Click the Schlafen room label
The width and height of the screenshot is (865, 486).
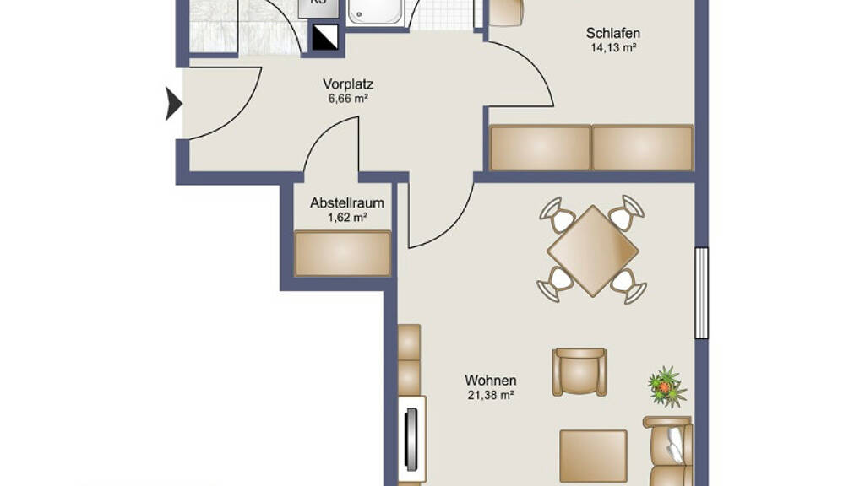pyautogui.click(x=613, y=33)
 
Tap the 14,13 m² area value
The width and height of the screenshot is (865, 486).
pyautogui.click(x=613, y=48)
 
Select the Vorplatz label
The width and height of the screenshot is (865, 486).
pyautogui.click(x=348, y=84)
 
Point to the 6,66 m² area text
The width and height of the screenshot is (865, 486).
pyautogui.click(x=347, y=100)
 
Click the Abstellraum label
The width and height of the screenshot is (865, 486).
pyautogui.click(x=347, y=202)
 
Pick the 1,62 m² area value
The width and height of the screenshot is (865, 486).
pyautogui.click(x=347, y=218)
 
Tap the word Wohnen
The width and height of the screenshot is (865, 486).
pyautogui.click(x=491, y=381)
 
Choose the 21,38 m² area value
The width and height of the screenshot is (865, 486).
pyautogui.click(x=491, y=395)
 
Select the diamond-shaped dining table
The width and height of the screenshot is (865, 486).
pyautogui.click(x=592, y=251)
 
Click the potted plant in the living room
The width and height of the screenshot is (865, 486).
pyautogui.click(x=667, y=386)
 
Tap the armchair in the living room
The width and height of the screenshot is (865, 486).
pyautogui.click(x=579, y=372)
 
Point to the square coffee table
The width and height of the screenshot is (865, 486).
pyautogui.click(x=593, y=456)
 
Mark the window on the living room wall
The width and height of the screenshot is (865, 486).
pyautogui.click(x=701, y=293)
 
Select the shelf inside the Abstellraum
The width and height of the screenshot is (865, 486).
pyautogui.click(x=343, y=253)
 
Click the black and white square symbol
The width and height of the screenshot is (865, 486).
pyautogui.click(x=325, y=37)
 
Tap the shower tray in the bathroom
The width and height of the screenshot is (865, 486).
pyautogui.click(x=375, y=11)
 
